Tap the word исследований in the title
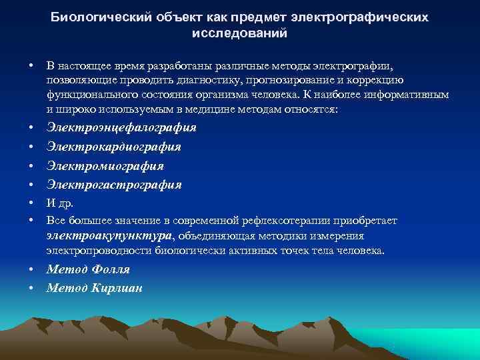click(x=240, y=32)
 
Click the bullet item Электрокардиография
click(x=114, y=146)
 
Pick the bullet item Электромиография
click(x=105, y=165)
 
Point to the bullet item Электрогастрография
click(x=114, y=184)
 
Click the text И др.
click(x=60, y=203)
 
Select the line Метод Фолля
click(x=88, y=269)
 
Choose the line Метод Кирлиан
click(x=95, y=288)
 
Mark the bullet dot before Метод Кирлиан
click(x=31, y=289)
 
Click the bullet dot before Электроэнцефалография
click(x=31, y=127)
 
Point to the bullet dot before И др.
click(x=31, y=203)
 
